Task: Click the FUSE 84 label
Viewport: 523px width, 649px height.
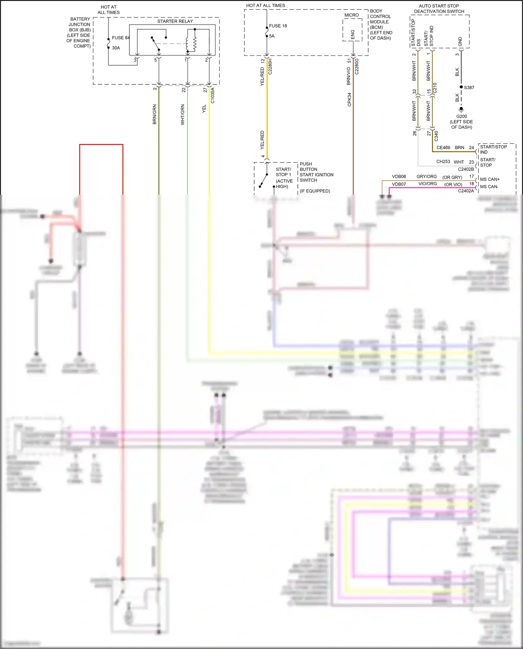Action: tap(120, 38)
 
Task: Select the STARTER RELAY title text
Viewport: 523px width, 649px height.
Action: tap(175, 21)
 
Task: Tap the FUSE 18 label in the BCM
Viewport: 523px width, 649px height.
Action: tap(278, 26)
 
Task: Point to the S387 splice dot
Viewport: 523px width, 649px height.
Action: tap(461, 87)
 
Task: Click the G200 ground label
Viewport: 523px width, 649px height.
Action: tap(461, 116)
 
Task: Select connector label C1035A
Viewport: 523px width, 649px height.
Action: tap(213, 96)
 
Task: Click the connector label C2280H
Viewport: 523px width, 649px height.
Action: tap(270, 67)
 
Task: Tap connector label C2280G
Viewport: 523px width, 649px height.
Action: tap(357, 66)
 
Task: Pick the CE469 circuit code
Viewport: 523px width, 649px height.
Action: tap(443, 148)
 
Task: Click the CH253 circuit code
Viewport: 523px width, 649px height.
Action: tap(443, 162)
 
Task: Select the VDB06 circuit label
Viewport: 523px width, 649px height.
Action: tap(399, 176)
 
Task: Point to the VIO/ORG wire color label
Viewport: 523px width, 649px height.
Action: tap(427, 184)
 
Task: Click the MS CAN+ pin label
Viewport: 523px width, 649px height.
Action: tap(490, 179)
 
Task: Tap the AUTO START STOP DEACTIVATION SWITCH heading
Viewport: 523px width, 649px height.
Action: tap(439, 9)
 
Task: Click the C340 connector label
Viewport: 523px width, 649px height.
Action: tap(436, 136)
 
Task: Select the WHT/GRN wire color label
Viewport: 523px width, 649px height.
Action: tap(182, 115)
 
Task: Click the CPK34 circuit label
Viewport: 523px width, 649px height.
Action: tap(349, 99)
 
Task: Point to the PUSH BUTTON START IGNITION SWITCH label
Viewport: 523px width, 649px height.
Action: tap(316, 172)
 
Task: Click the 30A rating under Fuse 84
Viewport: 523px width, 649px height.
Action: tap(116, 48)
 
